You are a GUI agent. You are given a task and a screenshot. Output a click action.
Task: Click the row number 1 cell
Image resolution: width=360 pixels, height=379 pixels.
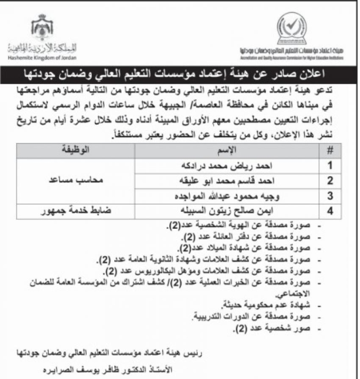tap(331, 165)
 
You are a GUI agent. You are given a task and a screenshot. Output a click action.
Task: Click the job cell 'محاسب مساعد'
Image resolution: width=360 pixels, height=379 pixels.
tap(75, 180)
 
